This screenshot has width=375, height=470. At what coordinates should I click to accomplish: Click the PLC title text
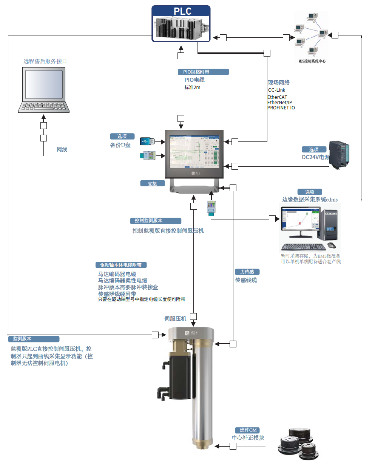(182, 11)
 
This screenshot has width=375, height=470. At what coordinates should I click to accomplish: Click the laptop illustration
(44, 90)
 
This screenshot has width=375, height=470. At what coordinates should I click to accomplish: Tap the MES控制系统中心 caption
(312, 61)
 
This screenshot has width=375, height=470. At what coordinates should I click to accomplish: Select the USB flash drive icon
(147, 141)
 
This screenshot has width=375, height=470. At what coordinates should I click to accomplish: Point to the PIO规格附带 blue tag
(203, 72)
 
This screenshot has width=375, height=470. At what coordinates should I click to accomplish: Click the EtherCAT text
(277, 97)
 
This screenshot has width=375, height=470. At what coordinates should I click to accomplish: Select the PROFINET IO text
(281, 108)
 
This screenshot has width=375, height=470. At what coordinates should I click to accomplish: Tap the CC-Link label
(276, 90)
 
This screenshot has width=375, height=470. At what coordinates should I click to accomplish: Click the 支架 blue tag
(153, 184)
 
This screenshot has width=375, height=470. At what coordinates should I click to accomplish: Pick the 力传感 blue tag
(247, 272)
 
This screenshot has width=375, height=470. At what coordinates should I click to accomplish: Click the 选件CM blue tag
(247, 430)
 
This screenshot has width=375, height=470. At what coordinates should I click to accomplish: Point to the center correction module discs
(298, 444)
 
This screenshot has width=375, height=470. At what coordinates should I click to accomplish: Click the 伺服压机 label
(175, 319)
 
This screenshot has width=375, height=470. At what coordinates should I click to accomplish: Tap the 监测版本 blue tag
(34, 339)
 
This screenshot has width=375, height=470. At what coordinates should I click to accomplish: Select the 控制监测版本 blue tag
(156, 221)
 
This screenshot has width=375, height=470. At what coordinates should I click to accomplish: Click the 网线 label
(62, 150)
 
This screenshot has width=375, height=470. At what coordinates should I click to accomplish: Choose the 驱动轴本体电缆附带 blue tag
(121, 265)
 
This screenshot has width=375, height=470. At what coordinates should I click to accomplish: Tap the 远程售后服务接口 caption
(45, 61)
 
